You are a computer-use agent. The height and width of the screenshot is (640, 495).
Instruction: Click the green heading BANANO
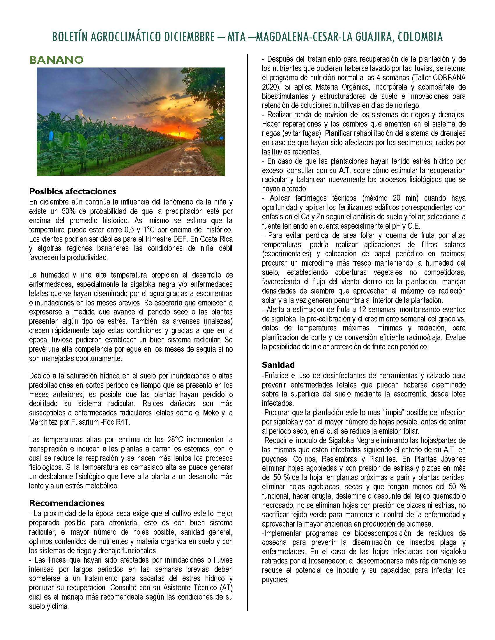pos(56,60)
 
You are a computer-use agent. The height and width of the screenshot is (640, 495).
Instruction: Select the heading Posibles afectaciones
pos(73,191)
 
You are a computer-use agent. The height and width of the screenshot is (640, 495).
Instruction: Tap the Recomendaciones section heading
pos(67,503)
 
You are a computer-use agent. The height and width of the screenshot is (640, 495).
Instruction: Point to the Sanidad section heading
pos(278,365)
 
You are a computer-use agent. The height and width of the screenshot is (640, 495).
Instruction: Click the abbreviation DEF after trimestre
pos(180,239)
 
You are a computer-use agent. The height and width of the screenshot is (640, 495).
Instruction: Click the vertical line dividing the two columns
pos(248,322)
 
